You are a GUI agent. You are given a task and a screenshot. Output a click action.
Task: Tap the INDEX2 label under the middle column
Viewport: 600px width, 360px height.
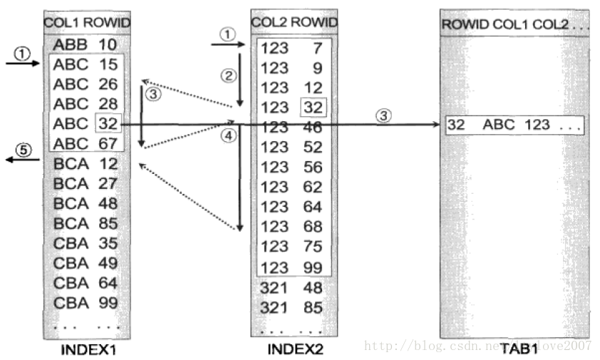[294, 349]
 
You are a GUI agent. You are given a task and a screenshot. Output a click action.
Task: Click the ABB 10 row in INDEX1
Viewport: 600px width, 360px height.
[85, 45]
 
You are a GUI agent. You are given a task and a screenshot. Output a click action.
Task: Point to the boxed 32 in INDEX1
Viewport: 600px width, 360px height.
[108, 124]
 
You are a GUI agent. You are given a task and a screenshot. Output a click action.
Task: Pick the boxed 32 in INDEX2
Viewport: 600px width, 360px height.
[313, 108]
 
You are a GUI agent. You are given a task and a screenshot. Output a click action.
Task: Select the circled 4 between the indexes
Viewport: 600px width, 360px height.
[228, 135]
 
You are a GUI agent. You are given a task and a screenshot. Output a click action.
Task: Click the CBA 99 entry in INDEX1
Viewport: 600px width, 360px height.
[85, 302]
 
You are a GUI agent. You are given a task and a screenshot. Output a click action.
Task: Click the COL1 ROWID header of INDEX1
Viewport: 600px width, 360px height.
[87, 22]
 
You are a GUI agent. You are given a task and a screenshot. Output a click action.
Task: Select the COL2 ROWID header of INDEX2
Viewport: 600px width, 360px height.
[294, 23]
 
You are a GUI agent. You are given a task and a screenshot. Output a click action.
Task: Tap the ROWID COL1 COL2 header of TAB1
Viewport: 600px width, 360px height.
[514, 25]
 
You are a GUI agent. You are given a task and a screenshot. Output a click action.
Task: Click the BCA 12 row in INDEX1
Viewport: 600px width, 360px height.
[85, 163]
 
